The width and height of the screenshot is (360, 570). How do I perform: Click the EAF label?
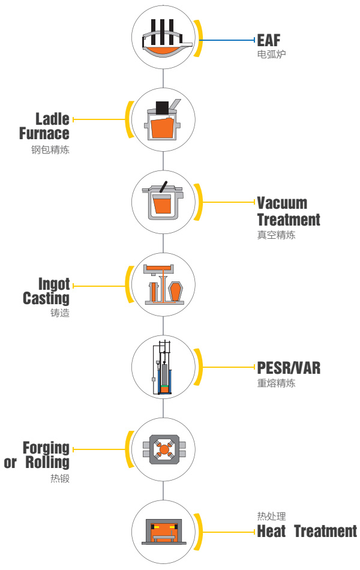pyautogui.click(x=268, y=40)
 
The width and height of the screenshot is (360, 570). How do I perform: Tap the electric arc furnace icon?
pyautogui.click(x=163, y=40)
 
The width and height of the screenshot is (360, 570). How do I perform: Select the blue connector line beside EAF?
pyautogui.click(x=227, y=40)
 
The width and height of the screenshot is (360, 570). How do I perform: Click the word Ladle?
pyautogui.click(x=52, y=119)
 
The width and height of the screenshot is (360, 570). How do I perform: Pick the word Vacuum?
pyautogui.click(x=282, y=203)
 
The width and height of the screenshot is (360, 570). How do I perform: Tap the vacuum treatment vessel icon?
pyautogui.click(x=163, y=202)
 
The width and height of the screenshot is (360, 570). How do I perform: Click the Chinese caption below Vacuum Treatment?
pyautogui.click(x=276, y=235)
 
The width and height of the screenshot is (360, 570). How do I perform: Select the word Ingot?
pyautogui.click(x=54, y=283)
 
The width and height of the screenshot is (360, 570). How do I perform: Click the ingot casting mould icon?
pyautogui.click(x=163, y=287)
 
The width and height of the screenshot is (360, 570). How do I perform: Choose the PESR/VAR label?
pyautogui.click(x=289, y=367)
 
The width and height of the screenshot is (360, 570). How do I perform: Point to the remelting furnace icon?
pyautogui.click(x=163, y=368)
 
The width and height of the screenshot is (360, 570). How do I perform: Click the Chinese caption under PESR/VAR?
pyautogui.click(x=276, y=383)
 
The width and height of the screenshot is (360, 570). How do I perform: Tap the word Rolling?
pyautogui.click(x=47, y=463)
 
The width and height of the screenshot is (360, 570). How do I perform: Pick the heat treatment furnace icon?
pyautogui.click(x=163, y=531)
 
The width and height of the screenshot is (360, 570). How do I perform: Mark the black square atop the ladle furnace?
pyautogui.click(x=161, y=108)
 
